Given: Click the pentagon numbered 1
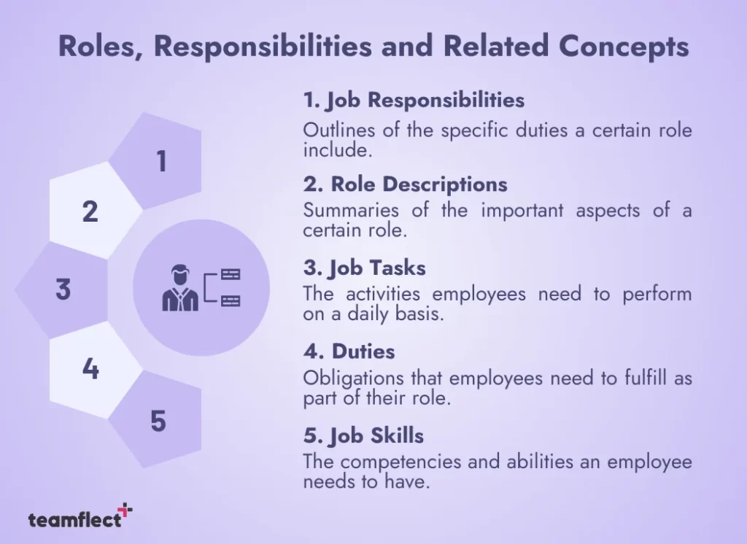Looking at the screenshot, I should pyautogui.click(x=161, y=161).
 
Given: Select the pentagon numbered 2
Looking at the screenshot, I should pyautogui.click(x=91, y=211).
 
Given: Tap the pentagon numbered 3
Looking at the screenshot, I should pyautogui.click(x=64, y=290).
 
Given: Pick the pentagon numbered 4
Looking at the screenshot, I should pyautogui.click(x=91, y=369).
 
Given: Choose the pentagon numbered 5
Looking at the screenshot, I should pyautogui.click(x=158, y=420).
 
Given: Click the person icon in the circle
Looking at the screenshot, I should pyautogui.click(x=179, y=289).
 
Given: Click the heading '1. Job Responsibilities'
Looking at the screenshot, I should pyautogui.click(x=414, y=99).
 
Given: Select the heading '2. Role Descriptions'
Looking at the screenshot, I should pyautogui.click(x=405, y=184).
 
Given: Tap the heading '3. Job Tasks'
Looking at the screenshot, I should pyautogui.click(x=364, y=268).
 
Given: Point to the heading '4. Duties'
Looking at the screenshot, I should pyautogui.click(x=349, y=351).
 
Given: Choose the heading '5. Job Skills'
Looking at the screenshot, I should pyautogui.click(x=363, y=435).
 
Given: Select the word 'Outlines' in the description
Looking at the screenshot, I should pyautogui.click(x=335, y=131).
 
